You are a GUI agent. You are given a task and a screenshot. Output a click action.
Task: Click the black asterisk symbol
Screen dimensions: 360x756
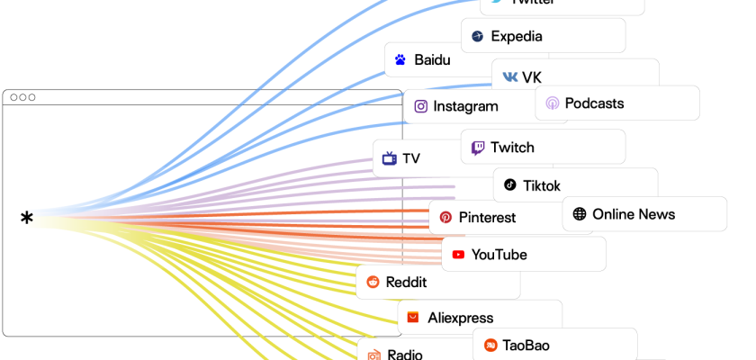tap(27, 217)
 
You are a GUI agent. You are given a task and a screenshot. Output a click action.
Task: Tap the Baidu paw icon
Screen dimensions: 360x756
tap(400, 60)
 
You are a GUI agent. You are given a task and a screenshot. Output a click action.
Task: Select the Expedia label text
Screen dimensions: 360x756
tap(517, 36)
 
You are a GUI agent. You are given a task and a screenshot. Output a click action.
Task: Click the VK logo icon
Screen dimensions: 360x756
tap(510, 76)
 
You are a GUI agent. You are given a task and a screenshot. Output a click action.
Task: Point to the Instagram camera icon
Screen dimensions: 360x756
tap(420, 106)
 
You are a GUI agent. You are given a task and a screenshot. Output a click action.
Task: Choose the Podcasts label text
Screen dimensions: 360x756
tap(594, 103)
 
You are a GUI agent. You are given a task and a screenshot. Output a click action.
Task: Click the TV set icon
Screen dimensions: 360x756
tap(390, 158)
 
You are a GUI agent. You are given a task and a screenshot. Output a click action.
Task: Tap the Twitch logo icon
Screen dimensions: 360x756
tap(478, 147)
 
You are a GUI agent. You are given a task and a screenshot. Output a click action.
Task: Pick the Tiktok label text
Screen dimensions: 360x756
tap(542, 185)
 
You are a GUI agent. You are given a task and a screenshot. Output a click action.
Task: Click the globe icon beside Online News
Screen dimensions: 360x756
tap(580, 214)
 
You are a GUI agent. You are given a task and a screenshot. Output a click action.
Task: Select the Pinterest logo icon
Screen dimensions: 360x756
tap(445, 217)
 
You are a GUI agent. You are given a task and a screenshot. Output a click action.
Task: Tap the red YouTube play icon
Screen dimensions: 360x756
tap(458, 255)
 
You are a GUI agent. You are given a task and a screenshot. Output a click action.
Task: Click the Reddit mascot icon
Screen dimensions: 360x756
tap(373, 282)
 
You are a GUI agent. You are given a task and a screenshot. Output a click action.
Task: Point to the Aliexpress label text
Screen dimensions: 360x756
tap(461, 318)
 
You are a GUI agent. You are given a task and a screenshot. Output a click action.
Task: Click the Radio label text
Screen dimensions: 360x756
tap(405, 355)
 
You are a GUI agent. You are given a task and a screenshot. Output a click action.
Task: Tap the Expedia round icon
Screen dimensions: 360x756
tap(478, 36)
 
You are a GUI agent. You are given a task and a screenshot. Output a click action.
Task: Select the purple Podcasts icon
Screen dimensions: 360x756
tap(552, 103)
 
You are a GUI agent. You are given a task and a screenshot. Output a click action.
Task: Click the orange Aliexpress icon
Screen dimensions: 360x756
tap(413, 318)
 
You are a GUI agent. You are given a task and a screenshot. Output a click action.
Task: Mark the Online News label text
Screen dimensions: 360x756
tap(634, 214)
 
